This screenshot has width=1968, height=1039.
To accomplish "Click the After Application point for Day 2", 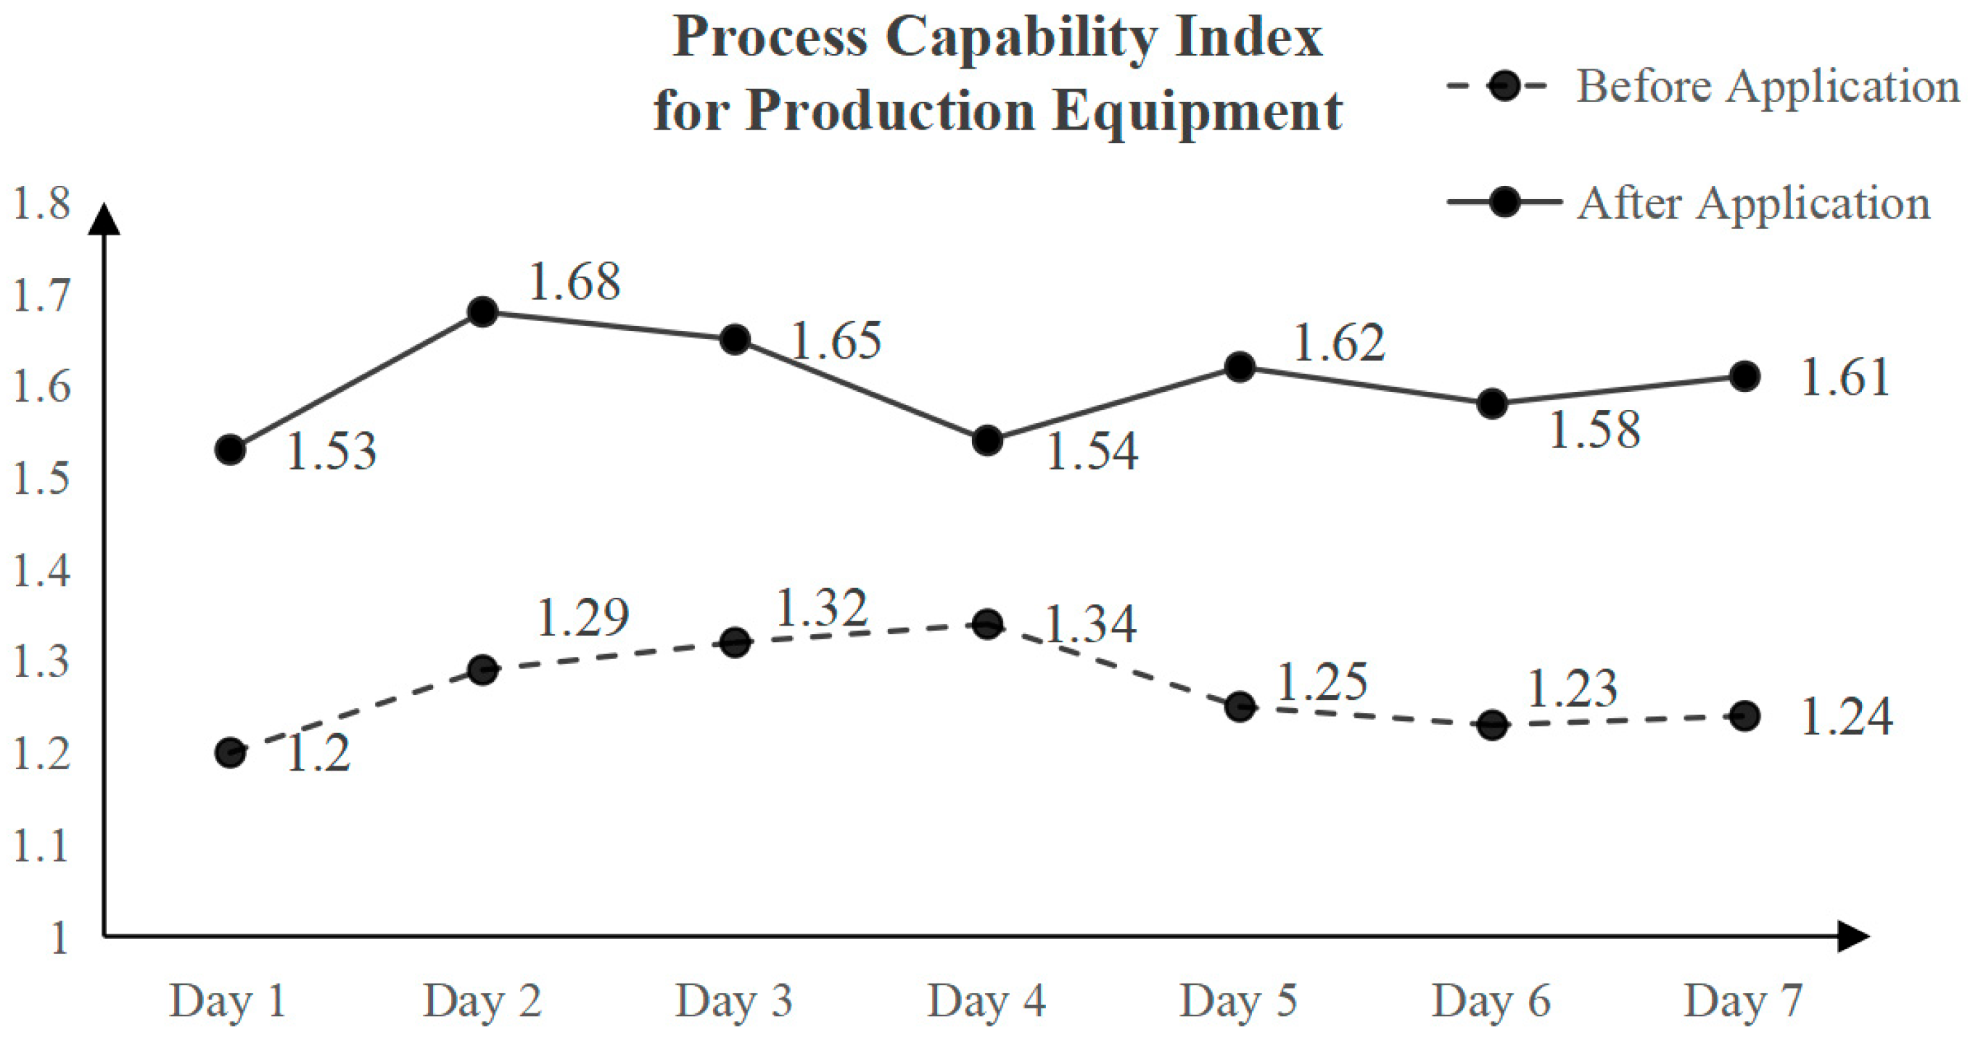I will (x=482, y=311).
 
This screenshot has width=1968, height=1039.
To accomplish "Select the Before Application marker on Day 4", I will (x=987, y=624).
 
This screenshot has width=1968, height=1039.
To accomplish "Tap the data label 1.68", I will (x=574, y=282).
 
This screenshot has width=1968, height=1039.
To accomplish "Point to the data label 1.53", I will (x=331, y=451).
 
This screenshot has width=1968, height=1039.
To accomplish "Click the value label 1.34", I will (x=1090, y=624).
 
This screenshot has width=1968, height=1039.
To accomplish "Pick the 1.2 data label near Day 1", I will (x=318, y=754).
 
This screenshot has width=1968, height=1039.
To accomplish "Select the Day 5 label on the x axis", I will (x=1238, y=1001).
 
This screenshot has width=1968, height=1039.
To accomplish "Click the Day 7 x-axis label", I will (x=1743, y=1001).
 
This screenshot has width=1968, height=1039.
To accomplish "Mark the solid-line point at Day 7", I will (x=1745, y=377).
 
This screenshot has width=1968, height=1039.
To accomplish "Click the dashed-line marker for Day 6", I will (x=1492, y=724).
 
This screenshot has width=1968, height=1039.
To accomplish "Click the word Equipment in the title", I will (x=1197, y=111).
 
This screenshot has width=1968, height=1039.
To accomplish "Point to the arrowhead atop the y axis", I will (x=105, y=219).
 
